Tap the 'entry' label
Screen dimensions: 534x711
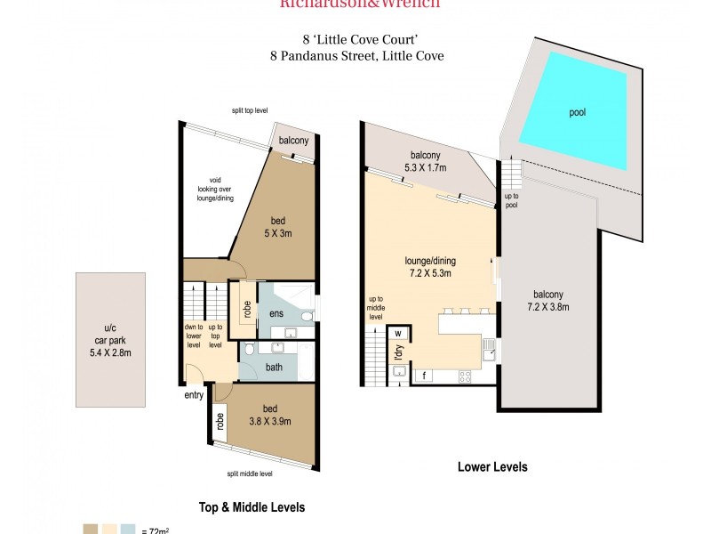[x=194, y=395]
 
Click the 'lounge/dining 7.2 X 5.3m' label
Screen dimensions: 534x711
[x=430, y=267]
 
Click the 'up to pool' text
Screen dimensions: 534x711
[x=511, y=200]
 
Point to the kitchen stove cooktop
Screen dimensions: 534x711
[x=464, y=376]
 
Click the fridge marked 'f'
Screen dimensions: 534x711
[x=425, y=376]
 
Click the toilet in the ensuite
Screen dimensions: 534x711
[x=306, y=315]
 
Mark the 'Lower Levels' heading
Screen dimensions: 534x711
[x=491, y=466]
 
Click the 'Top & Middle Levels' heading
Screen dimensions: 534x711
[x=252, y=507]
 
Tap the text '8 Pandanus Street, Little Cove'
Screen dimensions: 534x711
[x=356, y=55]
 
